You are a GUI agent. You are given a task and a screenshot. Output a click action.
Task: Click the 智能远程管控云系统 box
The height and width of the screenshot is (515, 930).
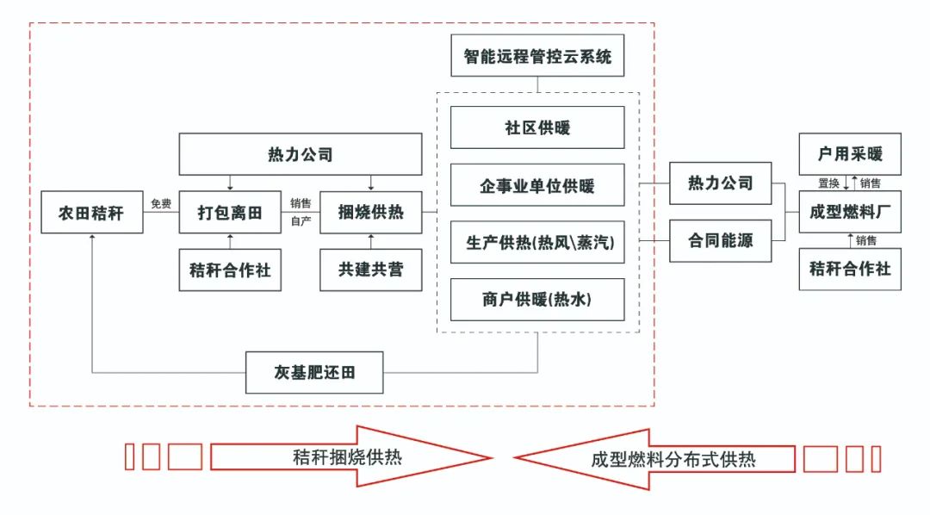[x=537, y=58]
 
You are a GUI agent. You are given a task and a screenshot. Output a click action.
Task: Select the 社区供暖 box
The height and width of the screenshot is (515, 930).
[x=537, y=127]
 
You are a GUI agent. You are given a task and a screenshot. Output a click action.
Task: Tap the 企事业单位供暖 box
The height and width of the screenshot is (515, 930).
[x=537, y=185]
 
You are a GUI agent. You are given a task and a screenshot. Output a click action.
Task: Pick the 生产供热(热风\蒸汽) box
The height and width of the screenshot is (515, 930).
[x=537, y=242]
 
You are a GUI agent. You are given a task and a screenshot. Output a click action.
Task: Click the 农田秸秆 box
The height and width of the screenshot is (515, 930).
[x=92, y=213]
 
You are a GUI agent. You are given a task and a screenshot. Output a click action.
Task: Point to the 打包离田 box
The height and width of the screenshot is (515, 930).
[x=230, y=213]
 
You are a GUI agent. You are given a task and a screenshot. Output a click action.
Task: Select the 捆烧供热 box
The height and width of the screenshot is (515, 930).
[x=371, y=213]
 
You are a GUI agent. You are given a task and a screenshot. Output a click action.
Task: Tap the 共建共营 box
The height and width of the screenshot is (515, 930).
[x=371, y=270]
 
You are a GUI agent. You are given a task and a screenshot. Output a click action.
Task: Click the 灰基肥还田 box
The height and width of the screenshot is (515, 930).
[x=314, y=373]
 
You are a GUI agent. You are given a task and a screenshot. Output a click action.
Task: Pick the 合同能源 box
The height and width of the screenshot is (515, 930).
[x=720, y=241]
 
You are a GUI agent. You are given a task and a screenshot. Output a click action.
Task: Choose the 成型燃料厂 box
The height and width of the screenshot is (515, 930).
[x=850, y=212]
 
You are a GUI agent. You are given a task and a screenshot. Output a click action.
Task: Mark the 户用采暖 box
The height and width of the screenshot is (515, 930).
[x=850, y=155]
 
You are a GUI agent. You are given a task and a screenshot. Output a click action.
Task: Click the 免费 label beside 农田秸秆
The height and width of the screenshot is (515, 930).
[x=161, y=204]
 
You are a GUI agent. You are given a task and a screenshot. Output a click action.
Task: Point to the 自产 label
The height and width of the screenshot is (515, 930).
[x=301, y=222]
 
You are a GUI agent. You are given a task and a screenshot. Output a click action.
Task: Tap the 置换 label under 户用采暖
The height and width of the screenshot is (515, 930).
[x=828, y=183]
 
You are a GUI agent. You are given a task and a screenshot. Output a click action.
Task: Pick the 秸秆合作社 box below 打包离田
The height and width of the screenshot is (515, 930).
[x=230, y=270]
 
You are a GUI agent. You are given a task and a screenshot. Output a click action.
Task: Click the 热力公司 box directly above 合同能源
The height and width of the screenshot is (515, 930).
[x=720, y=183]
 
